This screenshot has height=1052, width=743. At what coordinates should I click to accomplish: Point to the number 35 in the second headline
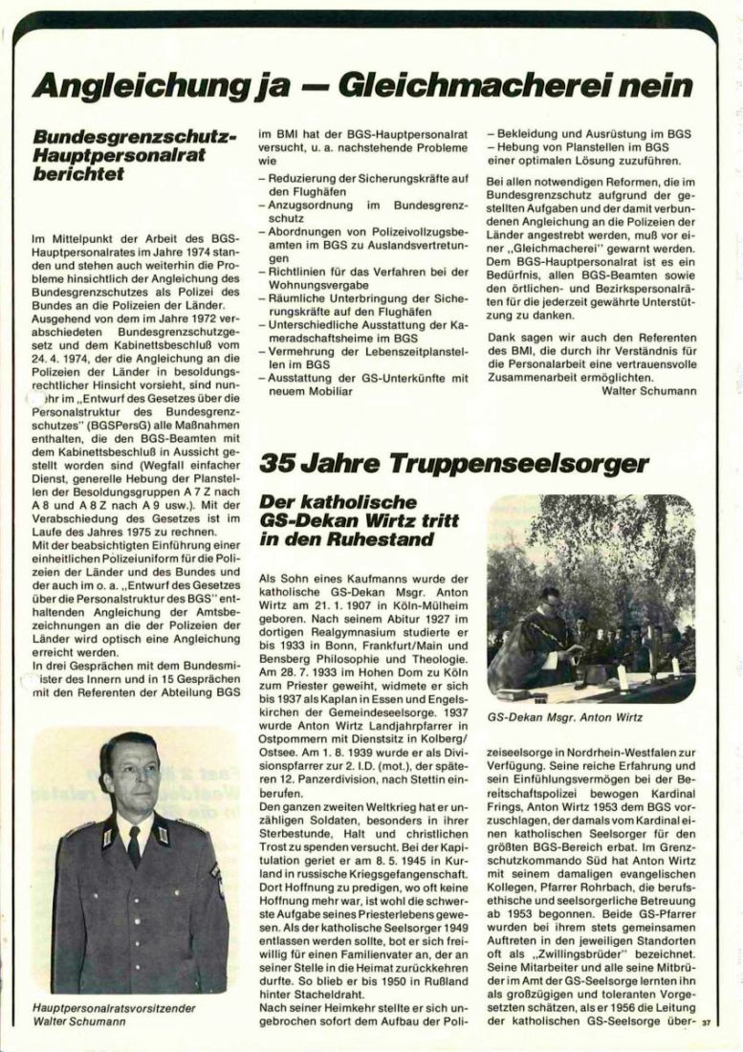pos(281,466)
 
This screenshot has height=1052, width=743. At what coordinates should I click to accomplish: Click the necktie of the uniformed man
pos(135,844)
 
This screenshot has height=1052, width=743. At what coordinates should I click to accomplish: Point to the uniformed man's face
pos(131,776)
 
